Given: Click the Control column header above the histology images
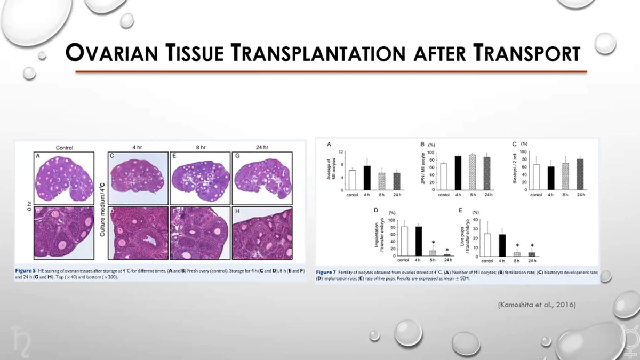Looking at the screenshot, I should pyautogui.click(x=64, y=148).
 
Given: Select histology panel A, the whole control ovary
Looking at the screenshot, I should pyautogui.click(x=64, y=178).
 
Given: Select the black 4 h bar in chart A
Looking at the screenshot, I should pyautogui.click(x=367, y=178).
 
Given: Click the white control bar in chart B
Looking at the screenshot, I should pyautogui.click(x=443, y=177).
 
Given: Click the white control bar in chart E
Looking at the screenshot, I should pyautogui.click(x=486, y=245).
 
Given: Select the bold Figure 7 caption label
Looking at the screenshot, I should pyautogui.click(x=325, y=273).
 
